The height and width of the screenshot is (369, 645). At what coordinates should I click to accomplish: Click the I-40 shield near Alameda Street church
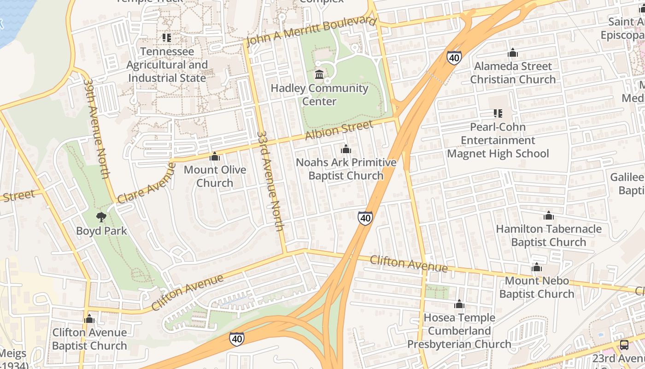click(x=454, y=58)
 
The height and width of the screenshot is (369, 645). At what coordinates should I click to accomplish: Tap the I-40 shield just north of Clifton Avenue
click(x=365, y=218)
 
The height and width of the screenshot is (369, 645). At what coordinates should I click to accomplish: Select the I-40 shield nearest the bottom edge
click(x=237, y=339)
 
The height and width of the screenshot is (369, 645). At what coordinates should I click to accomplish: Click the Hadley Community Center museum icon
click(x=319, y=74)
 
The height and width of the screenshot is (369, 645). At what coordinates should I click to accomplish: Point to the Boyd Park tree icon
click(x=101, y=217)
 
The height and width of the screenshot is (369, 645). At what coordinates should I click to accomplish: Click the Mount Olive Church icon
click(x=214, y=157)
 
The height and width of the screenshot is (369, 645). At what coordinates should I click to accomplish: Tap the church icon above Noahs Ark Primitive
click(x=346, y=149)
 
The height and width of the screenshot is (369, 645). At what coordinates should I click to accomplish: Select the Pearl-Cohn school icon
click(x=498, y=113)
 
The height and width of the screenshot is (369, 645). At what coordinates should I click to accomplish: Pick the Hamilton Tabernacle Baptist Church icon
click(x=548, y=215)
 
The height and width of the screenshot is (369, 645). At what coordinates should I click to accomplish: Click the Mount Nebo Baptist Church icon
click(x=536, y=268)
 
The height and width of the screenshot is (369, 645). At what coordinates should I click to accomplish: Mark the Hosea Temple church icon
click(x=459, y=304)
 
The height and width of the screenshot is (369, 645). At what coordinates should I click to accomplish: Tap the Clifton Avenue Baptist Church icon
click(x=89, y=319)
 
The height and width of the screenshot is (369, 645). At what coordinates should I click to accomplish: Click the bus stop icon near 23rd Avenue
click(x=624, y=345)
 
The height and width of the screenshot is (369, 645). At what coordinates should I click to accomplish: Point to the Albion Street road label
click(x=339, y=131)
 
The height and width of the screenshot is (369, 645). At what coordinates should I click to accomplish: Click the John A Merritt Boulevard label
click(x=311, y=31)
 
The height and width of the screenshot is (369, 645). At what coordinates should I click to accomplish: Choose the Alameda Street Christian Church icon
click(x=512, y=53)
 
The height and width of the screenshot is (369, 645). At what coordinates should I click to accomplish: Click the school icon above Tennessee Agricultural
click(x=166, y=37)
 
